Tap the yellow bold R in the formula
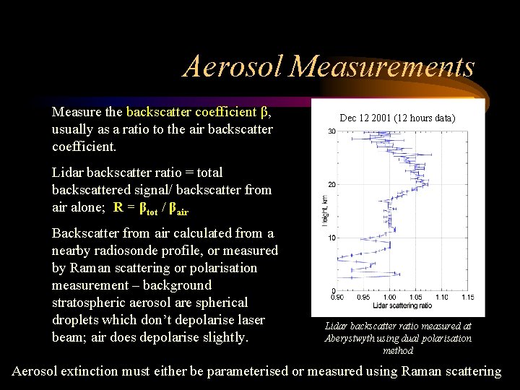(118, 207)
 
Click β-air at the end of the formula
(181, 208)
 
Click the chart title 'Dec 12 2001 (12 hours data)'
(397, 117)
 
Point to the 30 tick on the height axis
(331, 131)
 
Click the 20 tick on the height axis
(331, 184)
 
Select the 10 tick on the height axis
(331, 238)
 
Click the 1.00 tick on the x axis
(389, 295)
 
